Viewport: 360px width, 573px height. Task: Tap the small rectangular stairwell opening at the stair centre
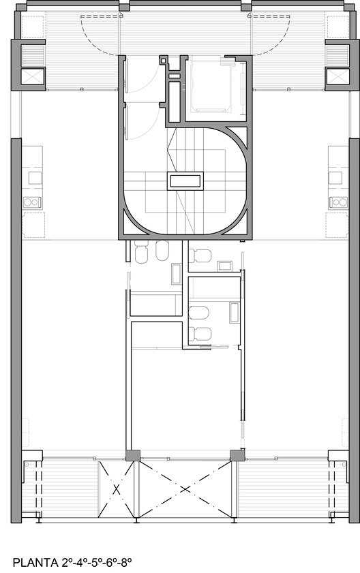[x=185, y=181]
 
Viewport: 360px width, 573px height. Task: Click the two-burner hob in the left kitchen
[x=32, y=202]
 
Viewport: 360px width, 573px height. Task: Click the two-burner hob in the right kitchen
[x=336, y=202]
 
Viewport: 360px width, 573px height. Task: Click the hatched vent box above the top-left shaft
[x=32, y=54]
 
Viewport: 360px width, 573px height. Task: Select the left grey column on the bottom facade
[x=133, y=454]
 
